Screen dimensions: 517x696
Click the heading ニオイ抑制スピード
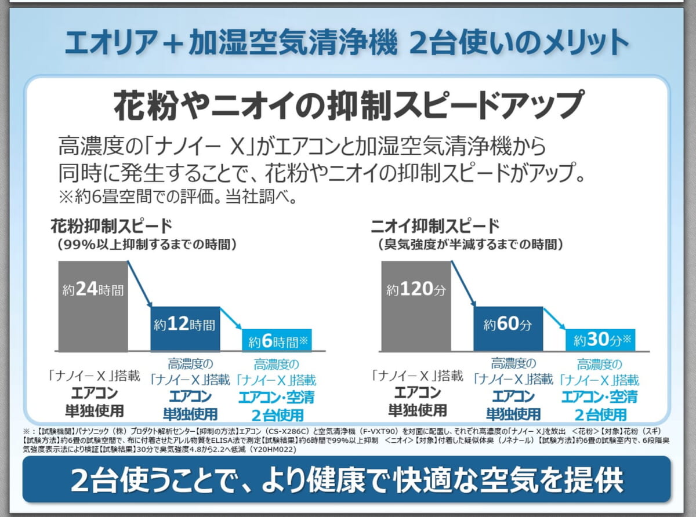pyautogui.click(x=435, y=225)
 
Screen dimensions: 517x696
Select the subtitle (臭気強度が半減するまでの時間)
pyautogui.click(x=470, y=245)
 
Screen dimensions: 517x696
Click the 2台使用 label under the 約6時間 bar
pyautogui.click(x=277, y=415)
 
